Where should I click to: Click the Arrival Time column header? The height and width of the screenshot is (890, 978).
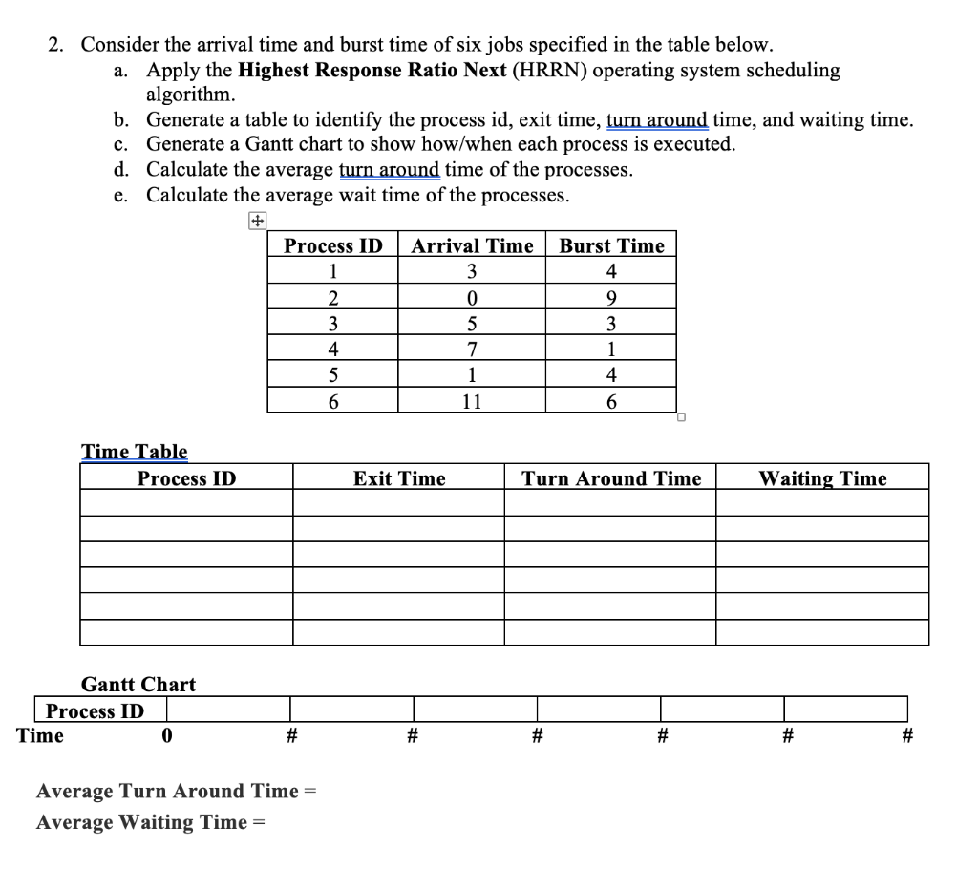pyautogui.click(x=472, y=245)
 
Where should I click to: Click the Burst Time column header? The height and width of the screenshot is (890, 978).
pyautogui.click(x=611, y=245)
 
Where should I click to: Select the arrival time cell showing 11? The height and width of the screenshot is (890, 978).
pyautogui.click(x=472, y=402)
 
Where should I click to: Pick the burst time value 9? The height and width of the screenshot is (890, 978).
pyautogui.click(x=611, y=296)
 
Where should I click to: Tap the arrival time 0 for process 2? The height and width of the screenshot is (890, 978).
pyautogui.click(x=472, y=296)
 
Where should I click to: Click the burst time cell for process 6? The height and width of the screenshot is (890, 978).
pyautogui.click(x=611, y=402)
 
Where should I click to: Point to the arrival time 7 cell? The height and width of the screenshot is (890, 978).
pyautogui.click(x=472, y=350)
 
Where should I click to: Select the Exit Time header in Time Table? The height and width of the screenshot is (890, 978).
pyautogui.click(x=399, y=478)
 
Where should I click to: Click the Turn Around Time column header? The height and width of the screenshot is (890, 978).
pyautogui.click(x=611, y=478)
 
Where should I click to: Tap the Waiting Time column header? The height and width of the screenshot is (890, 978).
pyautogui.click(x=822, y=478)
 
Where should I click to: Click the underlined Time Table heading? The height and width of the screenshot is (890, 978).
pyautogui.click(x=135, y=452)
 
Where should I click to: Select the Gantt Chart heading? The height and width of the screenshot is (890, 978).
pyautogui.click(x=138, y=684)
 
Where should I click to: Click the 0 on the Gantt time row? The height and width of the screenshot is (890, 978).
pyautogui.click(x=167, y=735)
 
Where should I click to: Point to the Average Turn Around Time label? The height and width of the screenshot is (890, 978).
pyautogui.click(x=167, y=791)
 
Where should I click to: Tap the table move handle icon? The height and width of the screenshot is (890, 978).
pyautogui.click(x=257, y=221)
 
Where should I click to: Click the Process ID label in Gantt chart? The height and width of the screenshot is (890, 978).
pyautogui.click(x=96, y=710)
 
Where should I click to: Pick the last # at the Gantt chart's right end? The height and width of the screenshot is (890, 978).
pyautogui.click(x=907, y=735)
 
